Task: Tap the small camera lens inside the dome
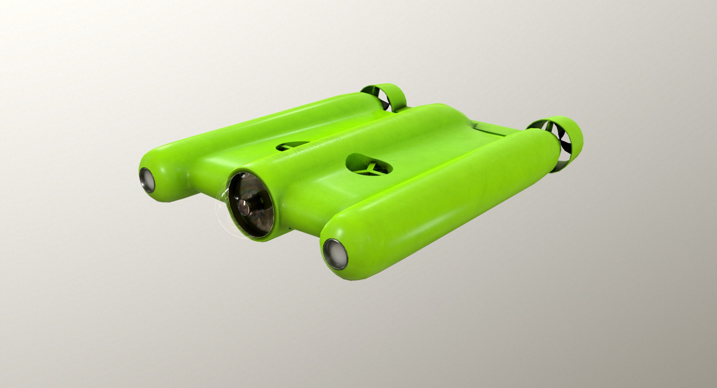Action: [243, 205]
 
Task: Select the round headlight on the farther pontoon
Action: [148, 180]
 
